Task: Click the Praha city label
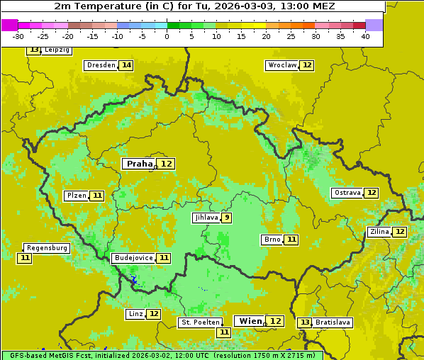139,164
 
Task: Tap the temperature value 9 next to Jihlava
226,218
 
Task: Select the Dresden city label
100,65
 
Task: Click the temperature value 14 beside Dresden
126,65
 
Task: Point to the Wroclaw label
281,65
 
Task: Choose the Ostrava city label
347,193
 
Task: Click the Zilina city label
379,232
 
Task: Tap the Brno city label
272,240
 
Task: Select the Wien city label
250,321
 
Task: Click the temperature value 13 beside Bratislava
304,322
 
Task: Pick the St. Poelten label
200,322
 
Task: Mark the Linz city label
135,314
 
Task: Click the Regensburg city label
47,248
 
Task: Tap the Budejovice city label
133,258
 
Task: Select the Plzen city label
76,196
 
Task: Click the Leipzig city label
57,50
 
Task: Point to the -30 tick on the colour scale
18,35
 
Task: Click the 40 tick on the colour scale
365,35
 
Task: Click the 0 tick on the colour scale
167,35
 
